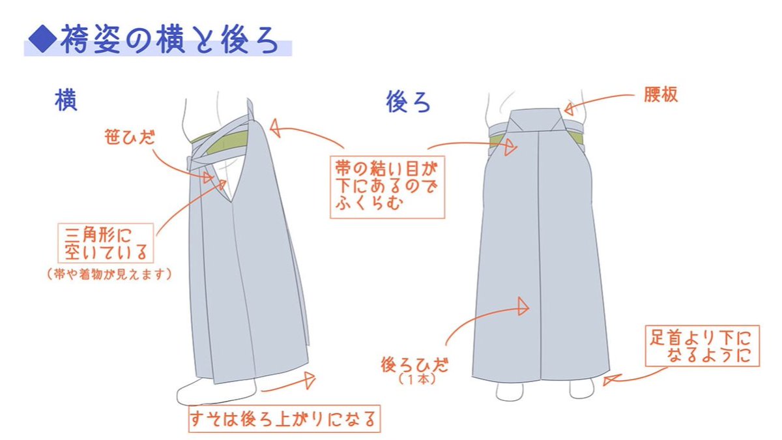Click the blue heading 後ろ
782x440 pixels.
409,102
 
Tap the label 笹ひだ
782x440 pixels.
128,138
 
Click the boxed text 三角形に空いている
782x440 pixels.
106,242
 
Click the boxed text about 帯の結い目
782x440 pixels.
388,186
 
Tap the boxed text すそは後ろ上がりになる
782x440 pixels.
282,419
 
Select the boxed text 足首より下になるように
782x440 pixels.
701,347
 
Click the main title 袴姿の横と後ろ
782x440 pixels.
168,41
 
